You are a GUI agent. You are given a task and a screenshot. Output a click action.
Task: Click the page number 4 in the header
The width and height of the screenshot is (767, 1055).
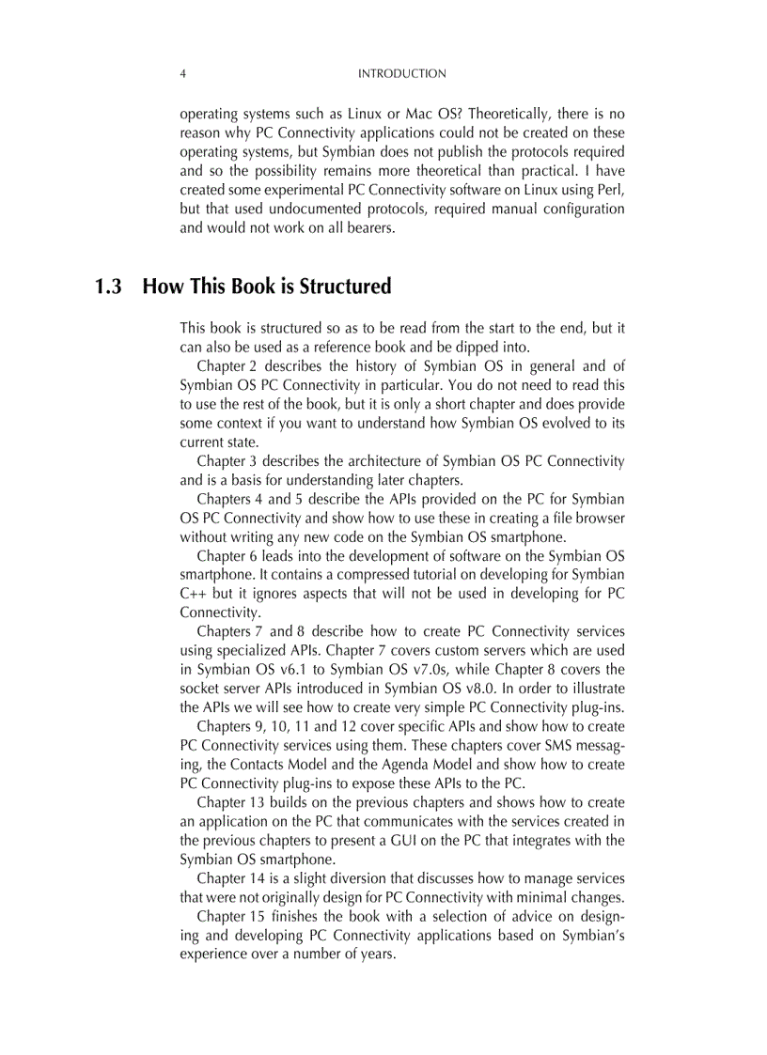pyautogui.click(x=182, y=73)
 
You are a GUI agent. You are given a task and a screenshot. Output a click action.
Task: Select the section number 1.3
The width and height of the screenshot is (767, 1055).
pyautogui.click(x=109, y=287)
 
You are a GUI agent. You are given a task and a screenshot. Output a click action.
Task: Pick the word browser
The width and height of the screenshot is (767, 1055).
pyautogui.click(x=602, y=519)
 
